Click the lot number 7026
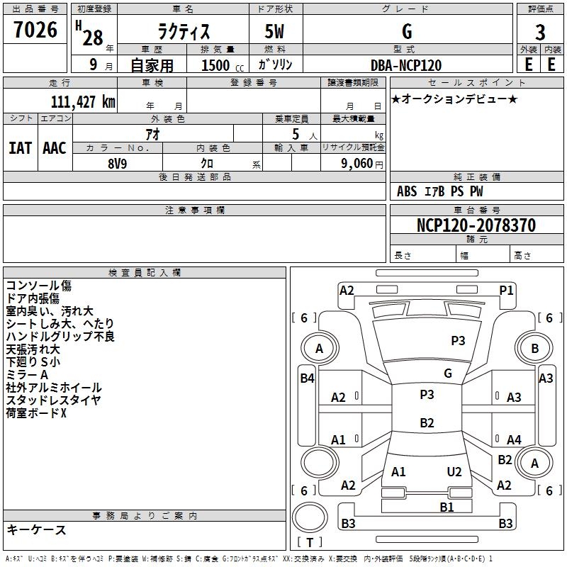pos(35,30)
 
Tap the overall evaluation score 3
pos(540,32)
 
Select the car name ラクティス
pos(182,32)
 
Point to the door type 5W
pos(275,32)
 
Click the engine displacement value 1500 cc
pos(220,65)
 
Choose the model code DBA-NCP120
pos(406,65)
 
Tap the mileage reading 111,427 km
pos(83,101)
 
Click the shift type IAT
pos(20,148)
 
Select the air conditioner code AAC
pos(55,148)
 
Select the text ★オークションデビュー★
pos(454,99)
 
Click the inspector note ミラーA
pos(26,374)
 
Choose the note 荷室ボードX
pos(36,412)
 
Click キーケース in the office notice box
pos(36,529)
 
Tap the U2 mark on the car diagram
pos(454,472)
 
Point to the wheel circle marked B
pos(535,348)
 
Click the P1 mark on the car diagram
pos(506,290)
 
